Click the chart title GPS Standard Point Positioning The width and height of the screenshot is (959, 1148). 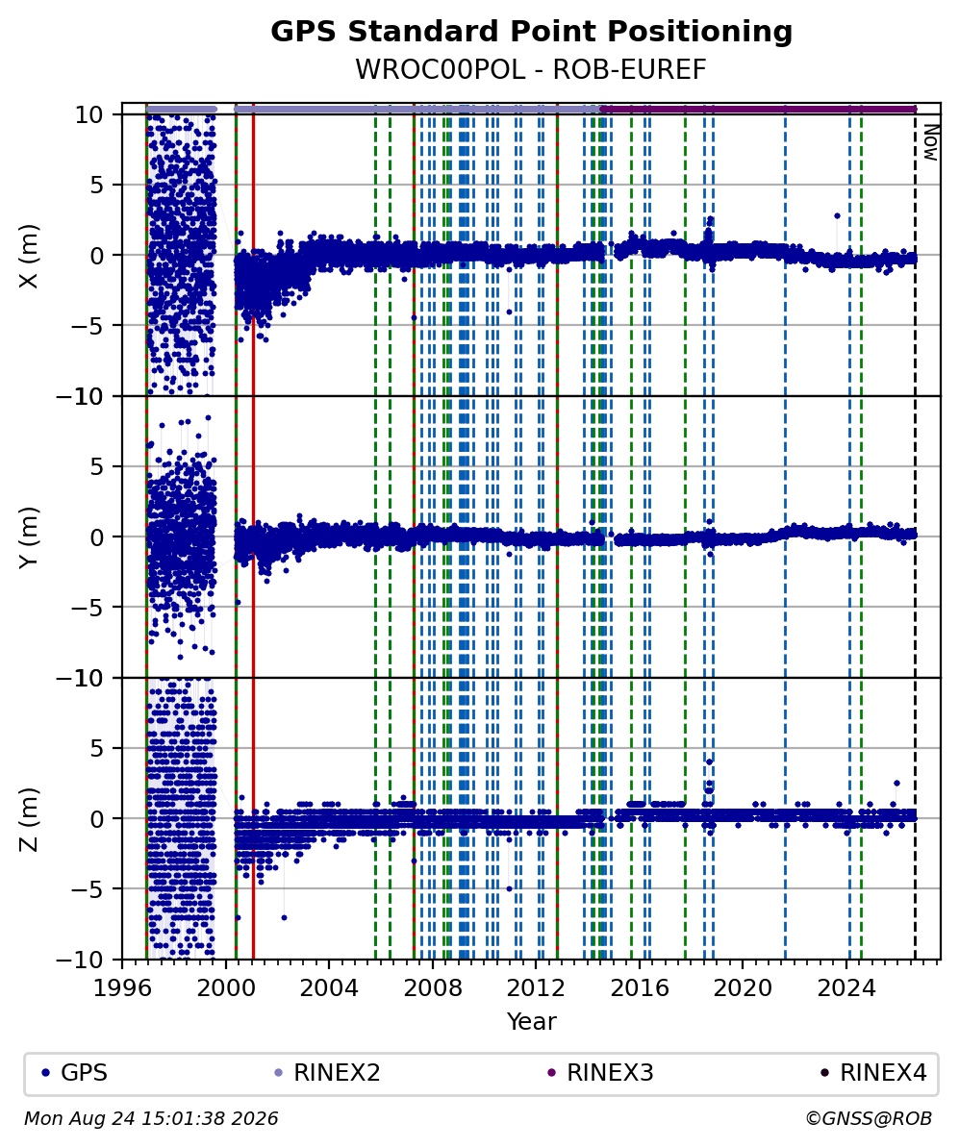point(531,33)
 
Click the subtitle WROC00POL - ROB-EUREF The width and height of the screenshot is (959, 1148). point(531,69)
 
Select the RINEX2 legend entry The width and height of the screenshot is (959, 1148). point(327,1073)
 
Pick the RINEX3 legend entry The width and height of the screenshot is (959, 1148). point(601,1073)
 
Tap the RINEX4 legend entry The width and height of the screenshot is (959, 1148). point(874,1073)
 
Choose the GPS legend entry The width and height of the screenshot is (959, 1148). point(75,1073)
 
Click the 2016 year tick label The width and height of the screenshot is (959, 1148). point(640,988)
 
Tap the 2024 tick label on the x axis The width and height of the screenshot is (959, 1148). point(846,988)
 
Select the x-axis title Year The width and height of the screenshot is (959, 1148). point(531,1021)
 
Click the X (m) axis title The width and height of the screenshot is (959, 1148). point(29,256)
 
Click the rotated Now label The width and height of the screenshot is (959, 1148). point(930,142)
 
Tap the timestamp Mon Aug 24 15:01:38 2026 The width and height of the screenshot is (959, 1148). point(152,1119)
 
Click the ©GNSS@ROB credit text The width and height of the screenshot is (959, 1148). point(869,1119)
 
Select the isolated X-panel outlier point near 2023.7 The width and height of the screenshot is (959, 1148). point(837,216)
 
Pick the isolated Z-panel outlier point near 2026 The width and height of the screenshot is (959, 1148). point(896,783)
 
